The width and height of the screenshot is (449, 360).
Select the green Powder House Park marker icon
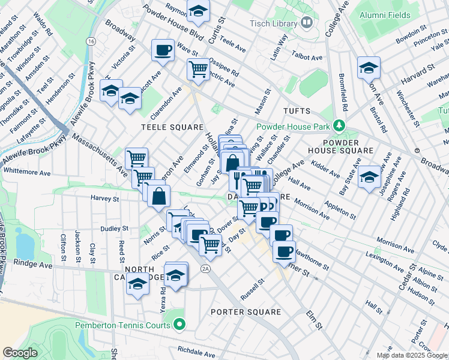pyautogui.click(x=340, y=126)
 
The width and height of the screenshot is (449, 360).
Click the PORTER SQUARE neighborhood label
pyautogui.click(x=246, y=312)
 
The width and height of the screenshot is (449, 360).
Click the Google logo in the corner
pyautogui.click(x=20, y=353)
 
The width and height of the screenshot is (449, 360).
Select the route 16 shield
pyautogui.click(x=91, y=41)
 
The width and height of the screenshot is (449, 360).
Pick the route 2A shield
pyautogui.click(x=206, y=268)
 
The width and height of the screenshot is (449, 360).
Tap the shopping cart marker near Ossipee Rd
pyautogui.click(x=198, y=69)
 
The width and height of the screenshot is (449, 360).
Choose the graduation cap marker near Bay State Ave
pyautogui.click(x=369, y=176)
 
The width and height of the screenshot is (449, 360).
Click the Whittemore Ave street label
pyautogui.click(x=27, y=170)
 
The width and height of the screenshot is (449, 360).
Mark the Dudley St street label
pyautogui.click(x=115, y=229)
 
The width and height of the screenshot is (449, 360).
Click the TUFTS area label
pyautogui.click(x=297, y=111)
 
